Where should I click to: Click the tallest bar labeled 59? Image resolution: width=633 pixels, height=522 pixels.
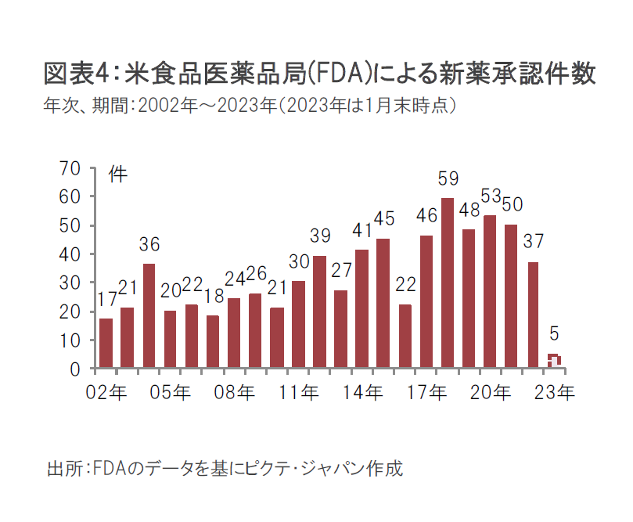coord(448,283)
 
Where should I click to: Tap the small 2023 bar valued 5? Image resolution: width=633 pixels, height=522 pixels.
coord(553,361)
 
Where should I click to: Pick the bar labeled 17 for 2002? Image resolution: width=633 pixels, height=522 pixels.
coord(106,343)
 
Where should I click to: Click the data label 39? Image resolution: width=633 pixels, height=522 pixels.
coord(319,236)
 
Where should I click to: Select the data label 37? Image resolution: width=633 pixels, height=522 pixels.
coord(533,241)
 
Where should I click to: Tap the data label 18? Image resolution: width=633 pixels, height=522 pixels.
coord(213,295)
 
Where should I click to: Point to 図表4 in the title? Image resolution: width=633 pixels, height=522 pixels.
coord(75,74)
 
